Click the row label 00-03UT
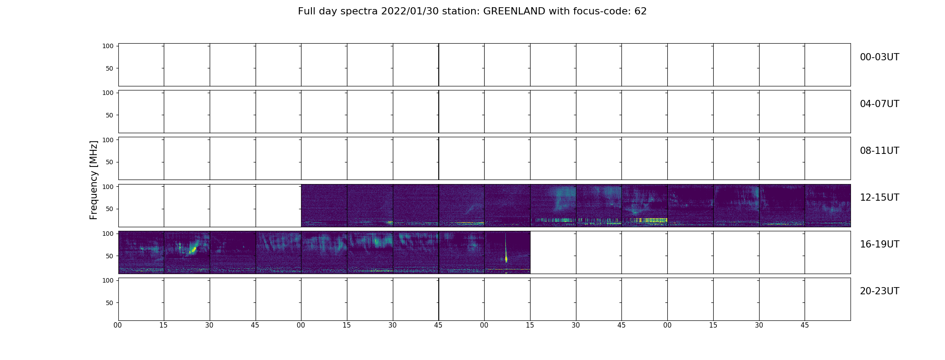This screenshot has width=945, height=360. [879, 57]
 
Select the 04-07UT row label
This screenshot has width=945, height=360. [879, 104]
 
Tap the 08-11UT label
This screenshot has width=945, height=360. [879, 151]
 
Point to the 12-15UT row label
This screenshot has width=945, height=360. [879, 198]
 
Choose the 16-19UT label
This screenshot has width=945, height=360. [879, 244]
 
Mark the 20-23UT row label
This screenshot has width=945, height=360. [879, 291]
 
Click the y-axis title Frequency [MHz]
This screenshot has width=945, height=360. [94, 180]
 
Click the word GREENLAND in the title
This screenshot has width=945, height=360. [514, 11]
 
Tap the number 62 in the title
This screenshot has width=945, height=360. [640, 11]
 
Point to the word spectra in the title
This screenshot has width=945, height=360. [359, 12]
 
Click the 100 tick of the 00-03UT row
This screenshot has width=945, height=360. [108, 46]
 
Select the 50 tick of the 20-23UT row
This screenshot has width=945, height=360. [110, 303]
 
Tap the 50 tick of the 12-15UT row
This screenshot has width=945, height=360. [110, 209]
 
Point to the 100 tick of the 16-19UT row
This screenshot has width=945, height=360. [108, 234]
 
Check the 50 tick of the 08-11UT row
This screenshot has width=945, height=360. [110, 162]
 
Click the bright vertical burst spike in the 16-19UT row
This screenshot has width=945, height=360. [506, 252]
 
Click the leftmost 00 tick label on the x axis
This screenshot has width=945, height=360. [118, 325]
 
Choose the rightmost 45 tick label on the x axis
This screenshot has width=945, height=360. [805, 325]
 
